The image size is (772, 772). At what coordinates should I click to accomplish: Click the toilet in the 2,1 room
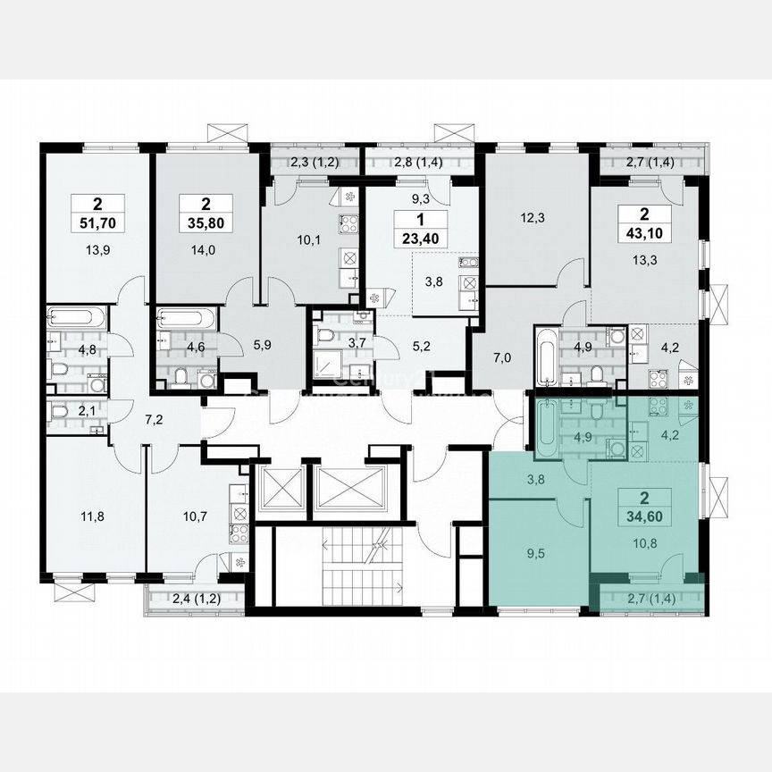click(61, 413)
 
